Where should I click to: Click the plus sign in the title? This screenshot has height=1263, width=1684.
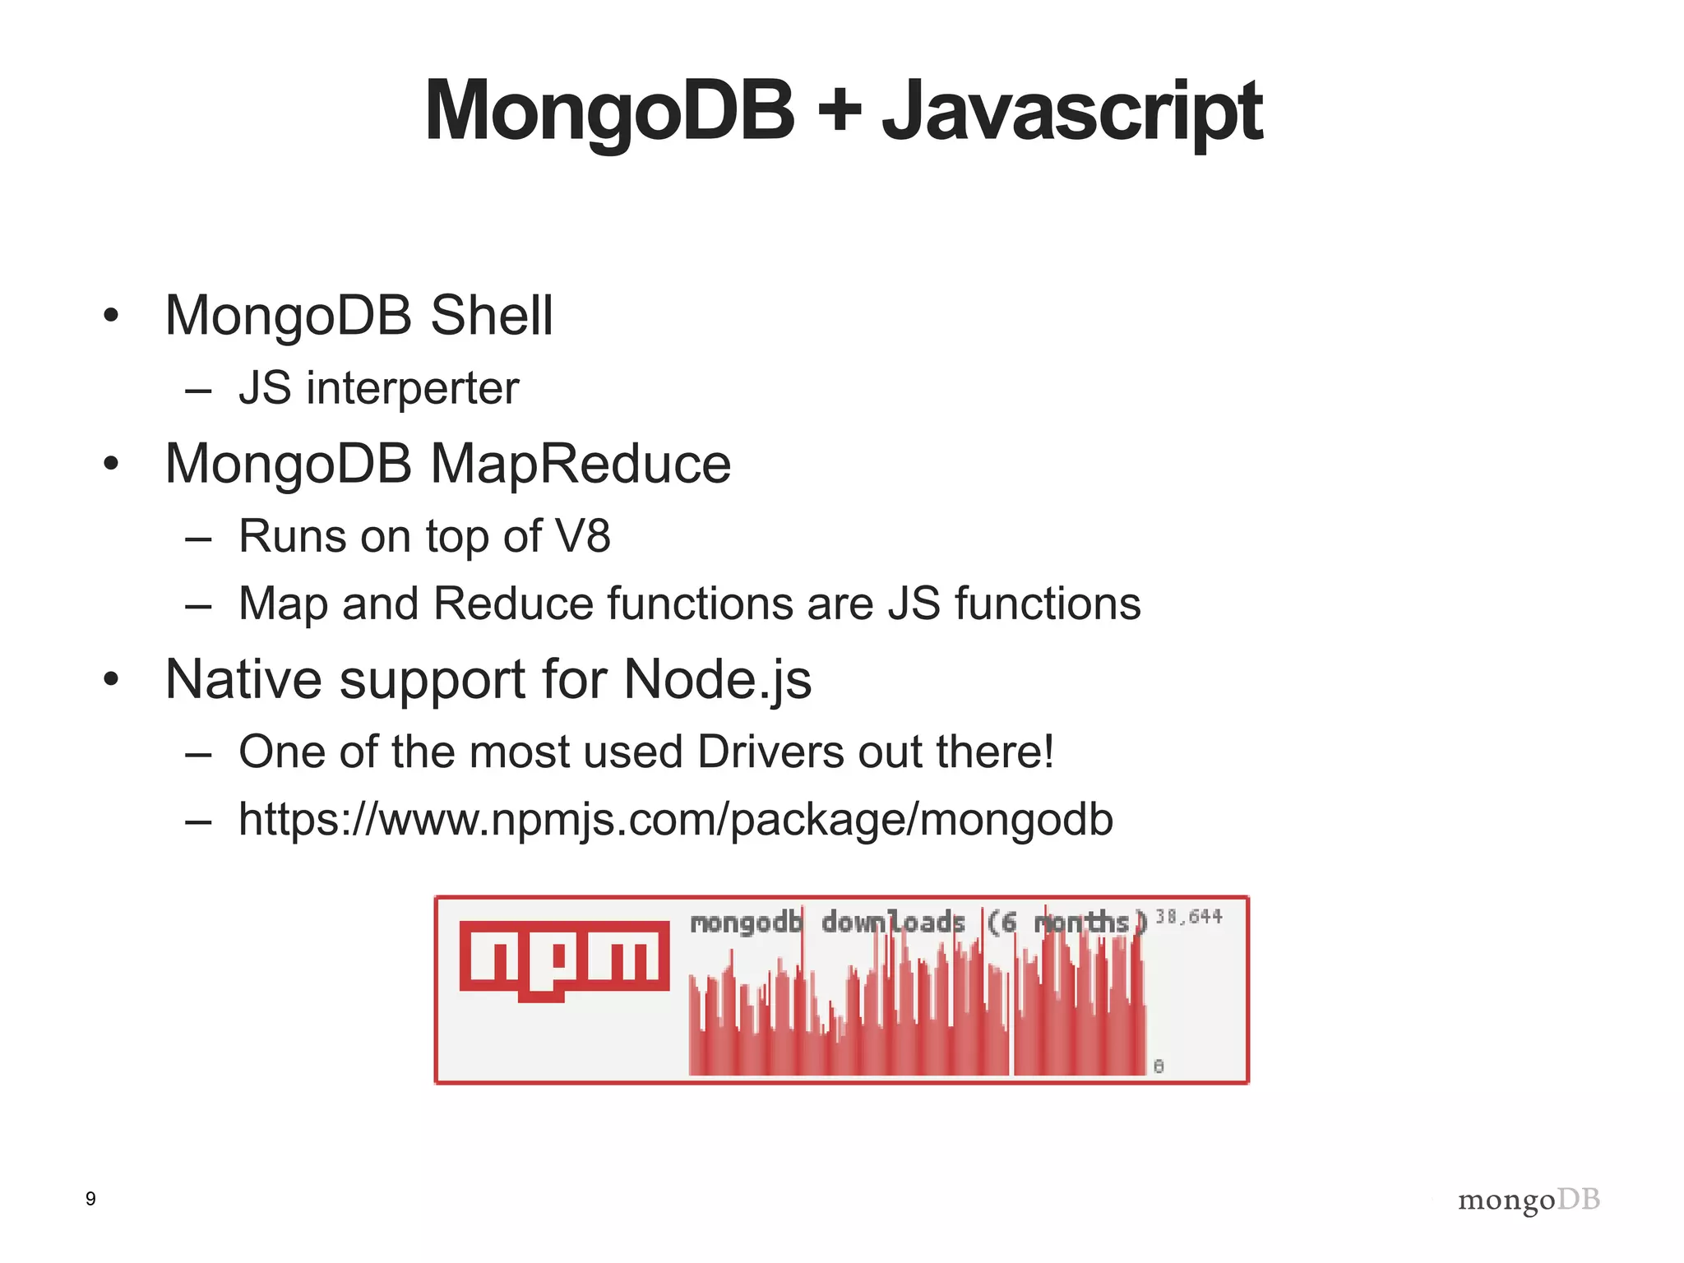[840, 112]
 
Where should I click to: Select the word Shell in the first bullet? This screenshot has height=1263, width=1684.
[492, 315]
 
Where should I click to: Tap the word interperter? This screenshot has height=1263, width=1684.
[412, 388]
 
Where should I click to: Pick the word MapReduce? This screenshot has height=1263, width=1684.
[581, 464]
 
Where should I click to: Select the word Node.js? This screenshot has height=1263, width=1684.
[717, 680]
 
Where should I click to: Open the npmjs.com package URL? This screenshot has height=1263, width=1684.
[675, 820]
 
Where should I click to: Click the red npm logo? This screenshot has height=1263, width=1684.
[564, 959]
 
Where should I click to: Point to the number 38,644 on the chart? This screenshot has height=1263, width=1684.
[1189, 916]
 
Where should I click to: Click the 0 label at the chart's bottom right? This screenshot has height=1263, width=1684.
[1159, 1066]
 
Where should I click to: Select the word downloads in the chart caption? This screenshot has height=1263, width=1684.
[893, 923]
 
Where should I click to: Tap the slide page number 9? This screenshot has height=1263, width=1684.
[90, 1199]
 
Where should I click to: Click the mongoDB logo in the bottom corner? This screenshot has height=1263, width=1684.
[1529, 1201]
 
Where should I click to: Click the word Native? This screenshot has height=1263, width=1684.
[244, 680]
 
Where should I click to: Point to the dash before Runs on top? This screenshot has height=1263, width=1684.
[198, 539]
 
